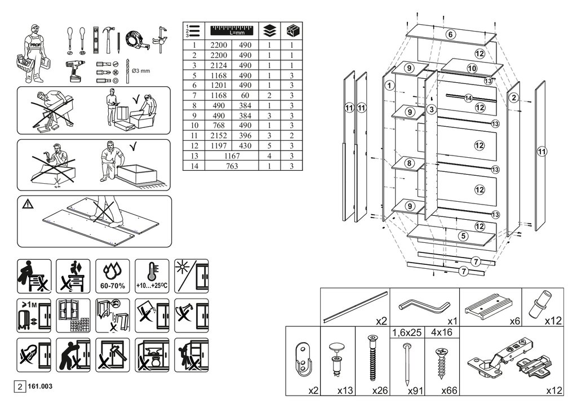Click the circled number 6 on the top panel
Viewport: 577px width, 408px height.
450,34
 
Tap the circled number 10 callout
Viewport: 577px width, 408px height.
472,69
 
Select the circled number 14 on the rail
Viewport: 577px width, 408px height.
468,98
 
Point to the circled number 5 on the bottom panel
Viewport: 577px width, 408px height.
463,236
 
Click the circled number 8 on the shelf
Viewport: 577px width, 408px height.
410,163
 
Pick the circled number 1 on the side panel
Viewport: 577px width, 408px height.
389,86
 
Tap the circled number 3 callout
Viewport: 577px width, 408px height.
431,109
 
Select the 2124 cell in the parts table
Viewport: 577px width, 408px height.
217,65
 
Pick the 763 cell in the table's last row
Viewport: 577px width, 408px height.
232,166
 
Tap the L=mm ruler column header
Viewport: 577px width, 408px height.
232,29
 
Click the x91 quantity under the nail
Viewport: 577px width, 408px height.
414,389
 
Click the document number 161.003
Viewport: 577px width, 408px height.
40,387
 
